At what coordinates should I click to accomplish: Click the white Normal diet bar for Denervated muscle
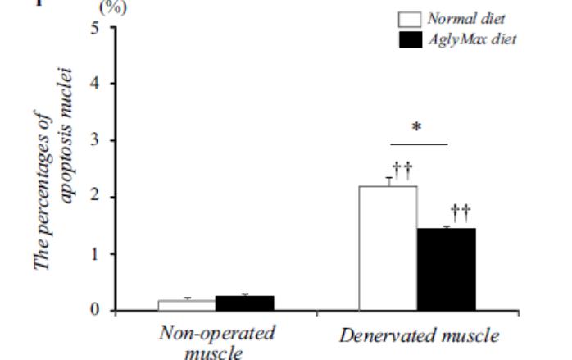388,248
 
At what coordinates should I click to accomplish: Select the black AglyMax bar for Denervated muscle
447,269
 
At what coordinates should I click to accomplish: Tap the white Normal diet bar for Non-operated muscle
186,305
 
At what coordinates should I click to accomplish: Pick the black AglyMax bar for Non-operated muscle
244,303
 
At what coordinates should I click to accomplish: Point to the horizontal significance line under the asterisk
417,144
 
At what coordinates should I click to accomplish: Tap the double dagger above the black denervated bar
461,212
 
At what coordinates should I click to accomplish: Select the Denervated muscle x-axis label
420,335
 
